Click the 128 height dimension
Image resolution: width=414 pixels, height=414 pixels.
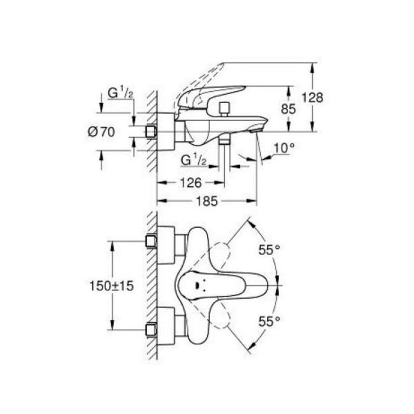[312, 98]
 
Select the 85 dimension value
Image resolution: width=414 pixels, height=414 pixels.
[289, 109]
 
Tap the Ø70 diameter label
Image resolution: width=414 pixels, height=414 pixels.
[101, 132]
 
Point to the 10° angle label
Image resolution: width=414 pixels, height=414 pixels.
[284, 148]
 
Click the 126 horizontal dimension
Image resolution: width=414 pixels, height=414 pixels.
[190, 183]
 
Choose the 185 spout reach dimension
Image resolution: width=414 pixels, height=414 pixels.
[207, 201]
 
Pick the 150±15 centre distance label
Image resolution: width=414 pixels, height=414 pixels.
[112, 286]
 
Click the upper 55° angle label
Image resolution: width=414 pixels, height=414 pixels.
[269, 250]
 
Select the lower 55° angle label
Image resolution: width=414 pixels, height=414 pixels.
[269, 321]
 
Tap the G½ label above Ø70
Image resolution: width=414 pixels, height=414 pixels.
[121, 93]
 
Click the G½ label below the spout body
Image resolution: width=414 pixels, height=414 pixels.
[193, 160]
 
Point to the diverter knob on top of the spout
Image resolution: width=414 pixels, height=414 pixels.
[225, 109]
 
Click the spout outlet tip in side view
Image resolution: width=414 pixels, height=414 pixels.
[257, 130]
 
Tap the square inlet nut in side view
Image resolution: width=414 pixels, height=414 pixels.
[151, 131]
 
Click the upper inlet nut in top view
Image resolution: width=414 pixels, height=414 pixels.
[151, 241]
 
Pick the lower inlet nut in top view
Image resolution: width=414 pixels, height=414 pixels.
[151, 330]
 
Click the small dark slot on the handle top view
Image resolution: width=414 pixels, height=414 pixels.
[197, 285]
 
